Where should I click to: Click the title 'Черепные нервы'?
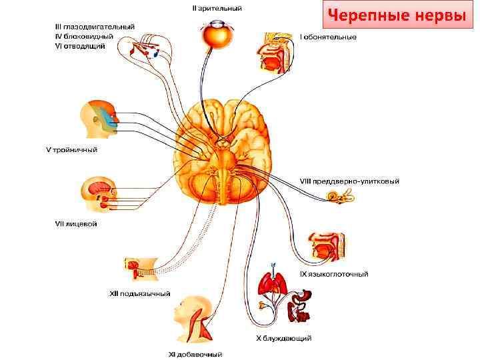coord(398,16)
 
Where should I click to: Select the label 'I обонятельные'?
coord(328,37)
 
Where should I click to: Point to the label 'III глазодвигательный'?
coord(95,27)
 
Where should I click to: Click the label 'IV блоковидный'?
coord(85,36)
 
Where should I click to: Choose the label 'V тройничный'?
coord(71,150)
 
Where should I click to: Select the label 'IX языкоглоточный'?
coord(333,273)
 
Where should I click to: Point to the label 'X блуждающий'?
coord(284,339)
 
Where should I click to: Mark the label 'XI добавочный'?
coord(195,354)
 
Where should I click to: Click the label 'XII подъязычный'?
coord(139,293)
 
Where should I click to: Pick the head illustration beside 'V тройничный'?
coord(99,120)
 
